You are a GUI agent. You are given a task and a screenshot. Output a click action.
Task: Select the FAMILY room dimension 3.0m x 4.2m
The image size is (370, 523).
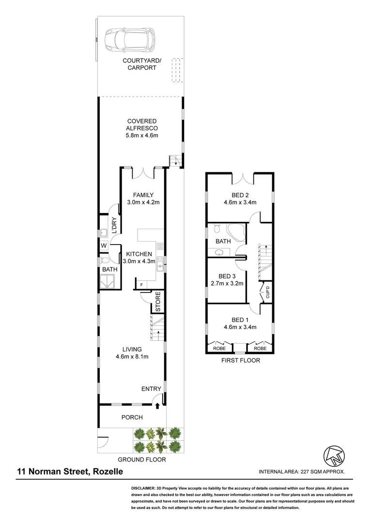(143, 203)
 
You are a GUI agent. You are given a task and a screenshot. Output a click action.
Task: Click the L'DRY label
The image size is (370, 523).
(115, 225)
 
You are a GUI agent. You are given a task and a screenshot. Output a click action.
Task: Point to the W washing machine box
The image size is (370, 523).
(104, 246)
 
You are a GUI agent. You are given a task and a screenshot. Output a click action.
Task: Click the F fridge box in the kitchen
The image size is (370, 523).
(141, 284)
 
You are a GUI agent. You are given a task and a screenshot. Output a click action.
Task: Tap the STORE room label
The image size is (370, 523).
(158, 301)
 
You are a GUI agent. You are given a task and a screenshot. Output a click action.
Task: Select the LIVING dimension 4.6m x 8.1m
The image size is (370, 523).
(132, 357)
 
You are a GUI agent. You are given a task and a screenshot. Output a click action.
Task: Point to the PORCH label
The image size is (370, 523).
(132, 417)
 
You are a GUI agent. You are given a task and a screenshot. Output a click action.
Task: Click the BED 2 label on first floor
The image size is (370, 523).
(240, 195)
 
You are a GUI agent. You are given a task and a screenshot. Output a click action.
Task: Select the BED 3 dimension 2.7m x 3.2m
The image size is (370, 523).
(227, 284)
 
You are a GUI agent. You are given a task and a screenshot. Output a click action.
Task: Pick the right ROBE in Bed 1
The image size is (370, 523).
(260, 348)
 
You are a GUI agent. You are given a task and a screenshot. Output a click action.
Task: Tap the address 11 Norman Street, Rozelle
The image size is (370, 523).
(70, 471)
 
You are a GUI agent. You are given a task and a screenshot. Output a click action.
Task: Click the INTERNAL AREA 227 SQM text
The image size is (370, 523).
(302, 472)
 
